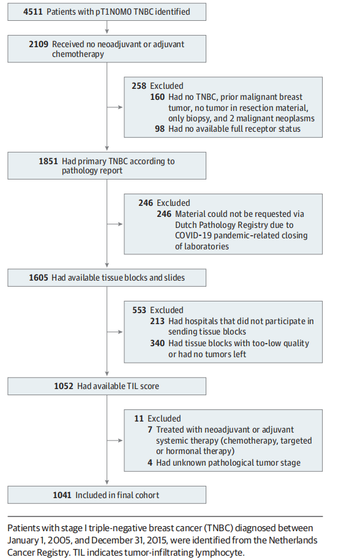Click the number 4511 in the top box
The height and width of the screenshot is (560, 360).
[33, 12]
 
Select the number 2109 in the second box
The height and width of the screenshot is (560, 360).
[39, 44]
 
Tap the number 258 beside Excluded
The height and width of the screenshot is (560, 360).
[139, 86]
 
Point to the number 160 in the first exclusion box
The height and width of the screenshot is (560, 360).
[157, 97]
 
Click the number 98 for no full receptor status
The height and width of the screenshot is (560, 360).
[160, 129]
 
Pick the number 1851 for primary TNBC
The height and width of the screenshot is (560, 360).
[48, 161]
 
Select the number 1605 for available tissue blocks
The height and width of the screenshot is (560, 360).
[39, 278]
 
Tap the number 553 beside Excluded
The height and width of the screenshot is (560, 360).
[139, 310]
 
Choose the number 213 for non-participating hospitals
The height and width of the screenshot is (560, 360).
[157, 321]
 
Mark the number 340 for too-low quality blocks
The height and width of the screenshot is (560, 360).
[157, 343]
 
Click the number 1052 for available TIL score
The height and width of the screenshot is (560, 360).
[64, 386]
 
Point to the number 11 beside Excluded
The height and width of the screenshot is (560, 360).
[139, 418]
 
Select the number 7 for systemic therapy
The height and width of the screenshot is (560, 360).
[150, 429]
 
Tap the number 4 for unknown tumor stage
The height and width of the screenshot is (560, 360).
[150, 463]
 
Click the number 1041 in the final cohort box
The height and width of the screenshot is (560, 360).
[62, 495]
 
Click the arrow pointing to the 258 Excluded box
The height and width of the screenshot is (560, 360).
[115, 107]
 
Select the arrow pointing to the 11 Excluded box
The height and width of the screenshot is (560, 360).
[115, 441]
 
